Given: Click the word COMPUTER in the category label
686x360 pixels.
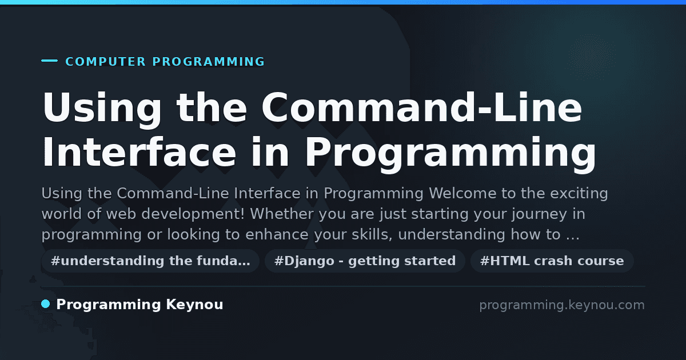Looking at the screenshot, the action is pos(106,62).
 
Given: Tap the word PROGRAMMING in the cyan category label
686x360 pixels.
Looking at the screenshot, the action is pos(209,62).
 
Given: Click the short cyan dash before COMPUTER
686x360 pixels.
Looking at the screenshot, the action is pos(49,61).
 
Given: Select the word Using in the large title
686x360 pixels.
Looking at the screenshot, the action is pos(102,108).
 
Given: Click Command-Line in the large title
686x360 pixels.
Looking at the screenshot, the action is pos(421,108).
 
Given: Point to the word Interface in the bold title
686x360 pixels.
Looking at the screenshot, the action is pos(139,152).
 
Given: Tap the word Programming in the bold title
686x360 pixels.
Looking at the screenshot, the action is pos(450,155).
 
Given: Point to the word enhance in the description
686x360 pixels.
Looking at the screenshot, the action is pos(277,234).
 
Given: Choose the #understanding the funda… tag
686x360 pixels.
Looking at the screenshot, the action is pos(150,261).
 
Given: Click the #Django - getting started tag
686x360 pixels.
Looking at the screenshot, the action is pos(365,261).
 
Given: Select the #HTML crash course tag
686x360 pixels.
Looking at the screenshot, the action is pos(552,261).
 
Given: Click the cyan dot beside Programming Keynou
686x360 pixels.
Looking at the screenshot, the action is pos(46,304).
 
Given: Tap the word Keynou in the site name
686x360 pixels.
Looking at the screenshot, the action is pos(194,305).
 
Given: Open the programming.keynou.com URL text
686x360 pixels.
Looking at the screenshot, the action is pos(562,305).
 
